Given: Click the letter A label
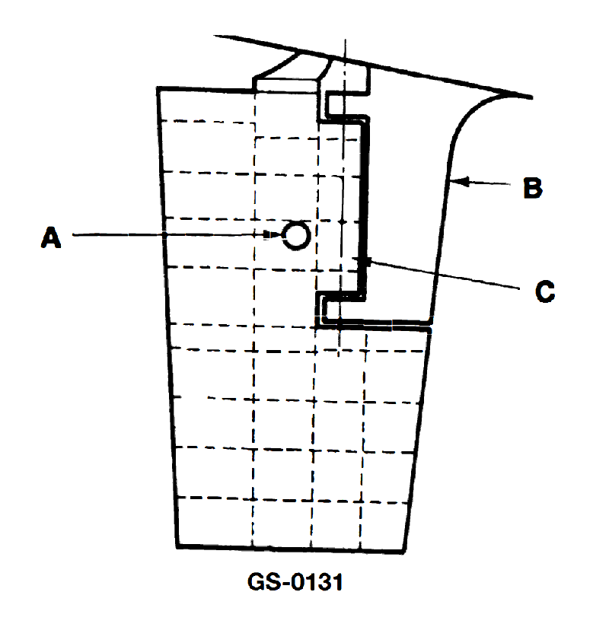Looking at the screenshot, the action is point(51,237).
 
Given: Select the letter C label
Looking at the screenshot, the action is point(544,291).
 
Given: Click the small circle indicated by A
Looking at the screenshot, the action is point(296,236).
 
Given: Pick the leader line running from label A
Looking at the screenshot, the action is point(168,234).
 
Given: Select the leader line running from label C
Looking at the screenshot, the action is point(442,275).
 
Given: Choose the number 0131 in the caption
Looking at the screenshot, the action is point(317,582).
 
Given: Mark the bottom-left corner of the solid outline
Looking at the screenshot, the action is point(177,546).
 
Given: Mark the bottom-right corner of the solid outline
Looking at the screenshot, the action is point(404,552).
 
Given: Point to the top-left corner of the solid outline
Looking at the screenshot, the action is point(158,88).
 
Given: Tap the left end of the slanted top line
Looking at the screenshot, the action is point(215,36).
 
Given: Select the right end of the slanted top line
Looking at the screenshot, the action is point(532,97).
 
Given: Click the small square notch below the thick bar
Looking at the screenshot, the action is point(330,309).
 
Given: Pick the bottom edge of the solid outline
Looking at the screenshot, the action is point(291,549).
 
